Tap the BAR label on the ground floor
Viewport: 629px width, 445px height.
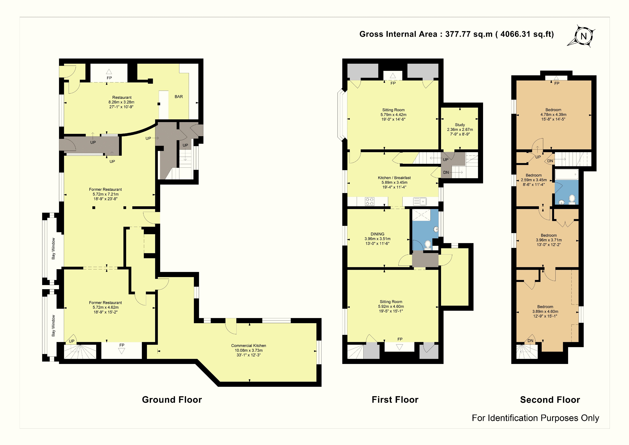pos(179,97)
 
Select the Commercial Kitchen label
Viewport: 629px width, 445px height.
pos(248,346)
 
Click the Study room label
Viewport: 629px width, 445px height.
pos(460,125)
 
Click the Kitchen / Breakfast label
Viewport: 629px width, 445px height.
pos(394,178)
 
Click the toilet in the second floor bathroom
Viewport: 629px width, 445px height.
pos(572,199)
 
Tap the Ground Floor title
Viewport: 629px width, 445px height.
pos(172,400)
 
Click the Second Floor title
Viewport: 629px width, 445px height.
pos(550,400)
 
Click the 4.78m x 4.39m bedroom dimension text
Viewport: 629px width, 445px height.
pos(553,115)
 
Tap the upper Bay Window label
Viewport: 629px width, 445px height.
pos(53,249)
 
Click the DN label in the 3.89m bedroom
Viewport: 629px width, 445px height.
pos(530,341)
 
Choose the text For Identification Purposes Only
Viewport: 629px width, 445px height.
pos(535,418)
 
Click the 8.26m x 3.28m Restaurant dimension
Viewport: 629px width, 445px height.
pos(121,102)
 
